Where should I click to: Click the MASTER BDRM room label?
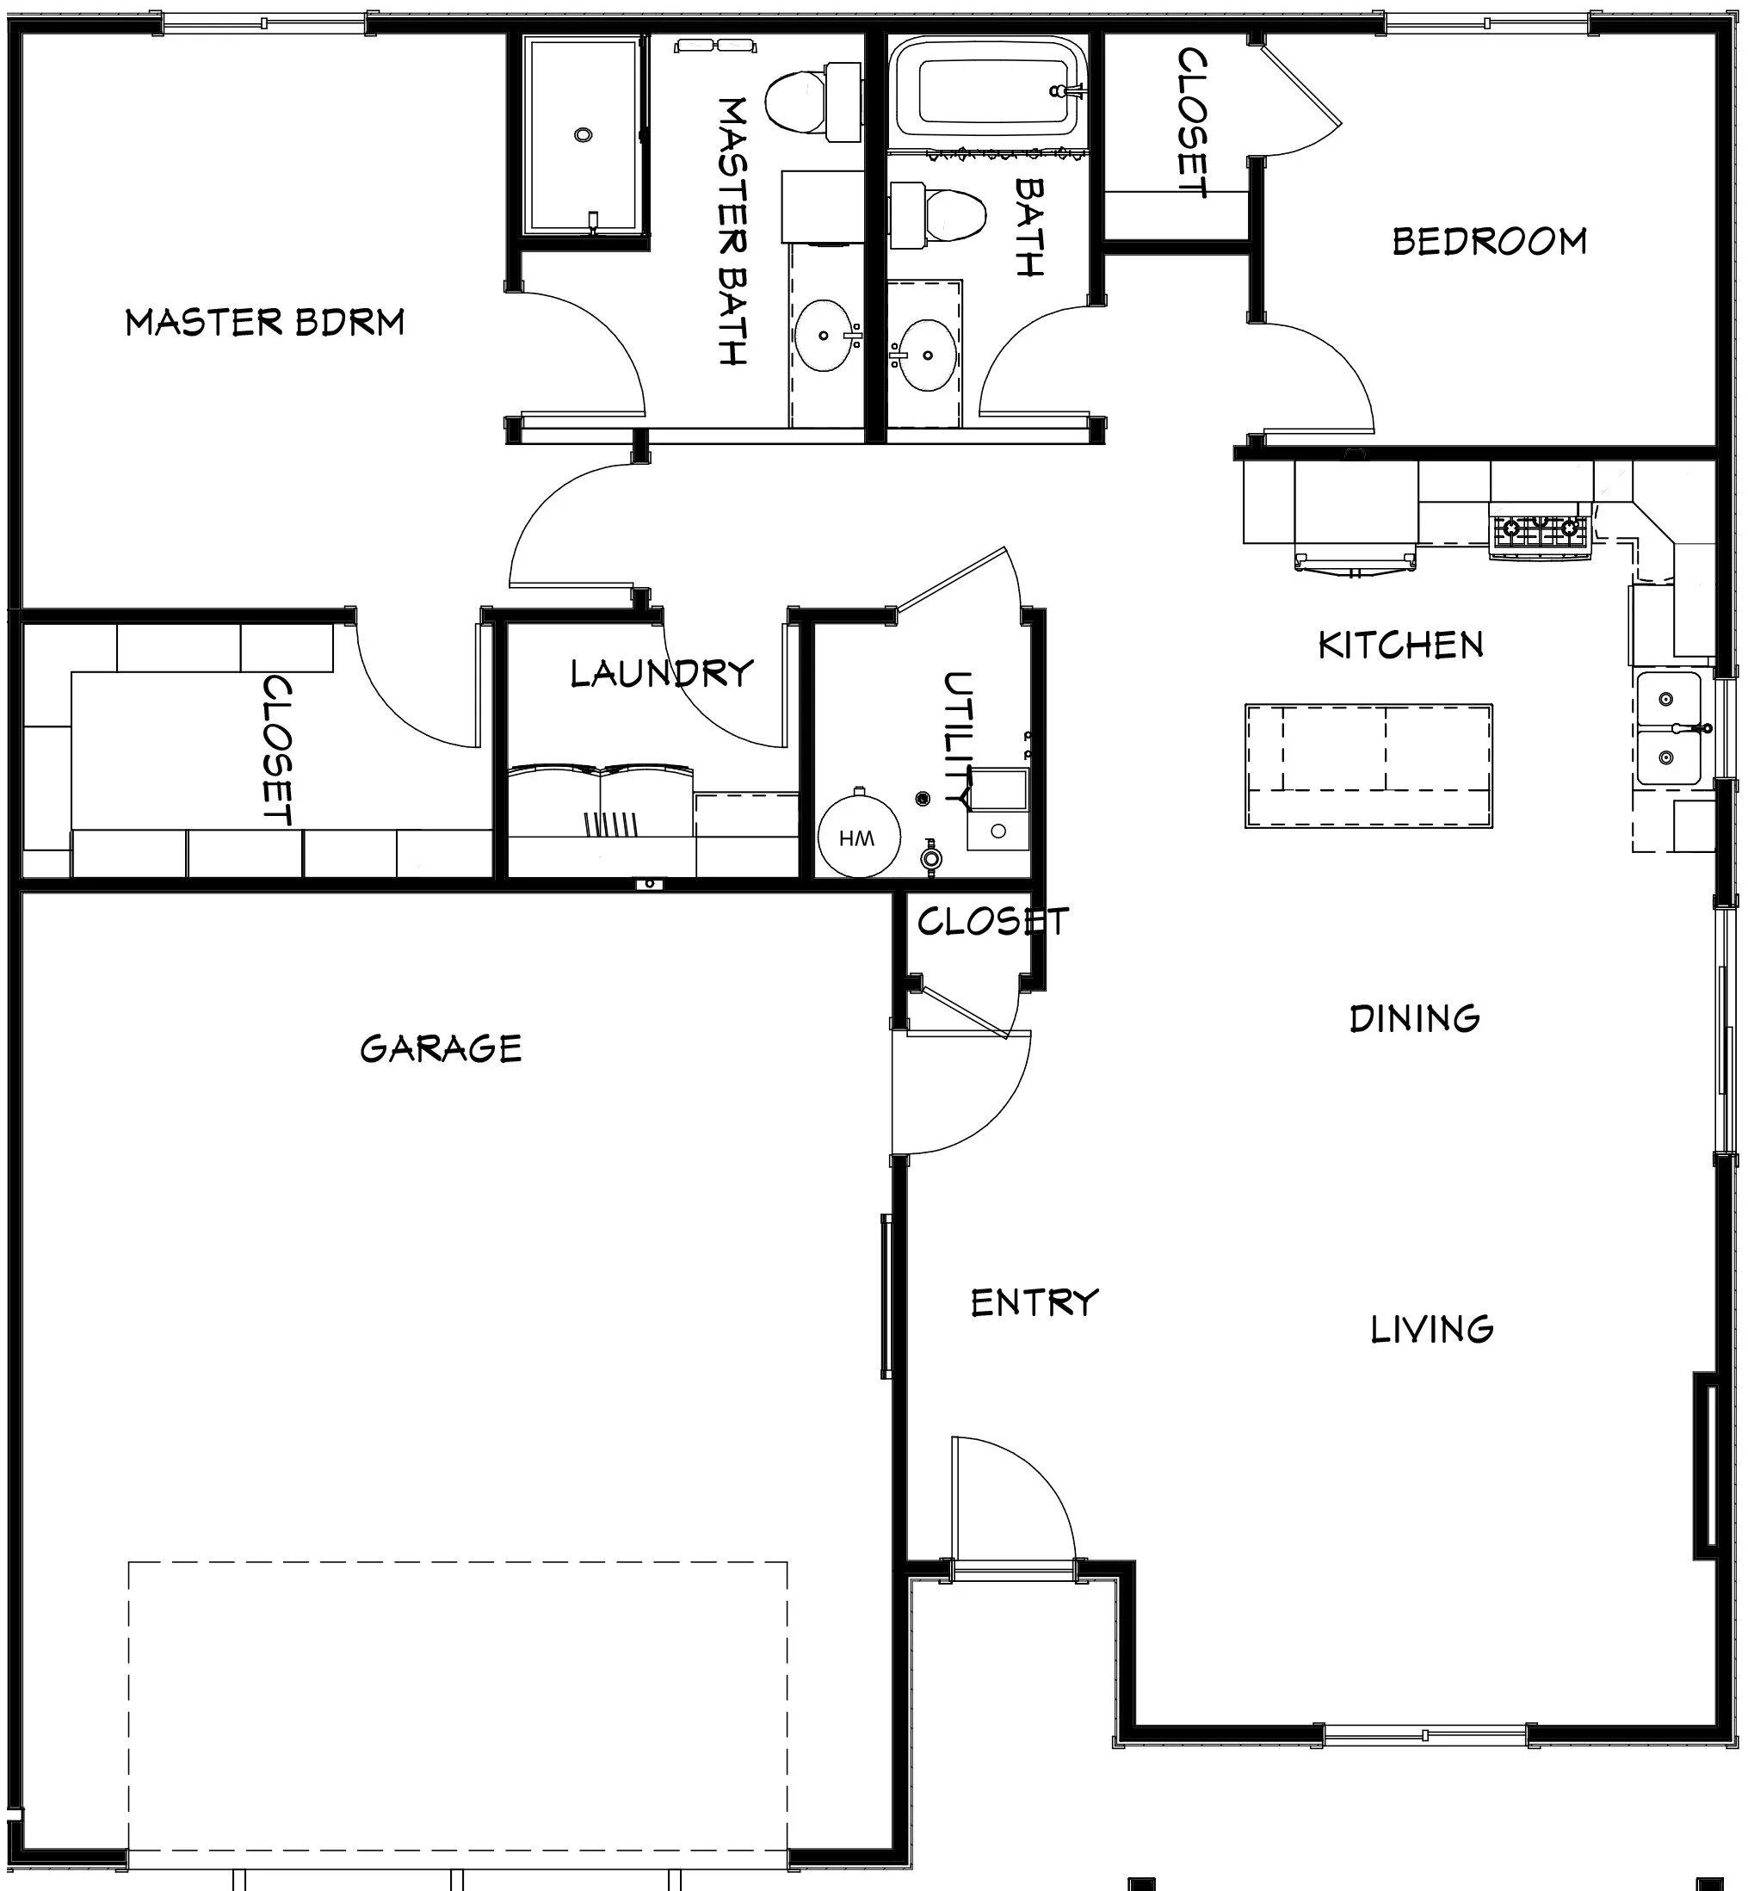265,323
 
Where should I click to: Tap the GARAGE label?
441,1048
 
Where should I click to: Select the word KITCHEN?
1401,646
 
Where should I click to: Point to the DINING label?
1414,1019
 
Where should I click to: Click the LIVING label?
1432,1329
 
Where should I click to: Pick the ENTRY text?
1035,1302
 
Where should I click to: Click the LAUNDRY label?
662,674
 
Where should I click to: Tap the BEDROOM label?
1490,241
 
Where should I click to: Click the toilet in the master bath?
809,102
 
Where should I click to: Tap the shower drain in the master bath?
583,135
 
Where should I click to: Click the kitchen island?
1368,765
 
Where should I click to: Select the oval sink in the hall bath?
927,355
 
